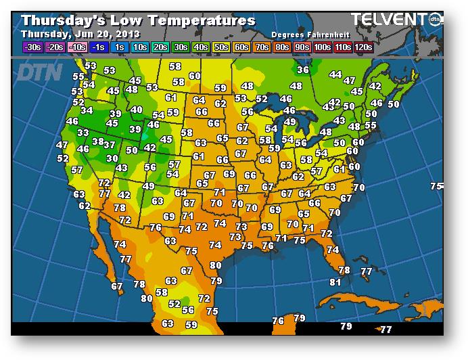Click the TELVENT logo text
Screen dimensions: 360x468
[389, 20]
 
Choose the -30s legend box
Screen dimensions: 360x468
[31, 47]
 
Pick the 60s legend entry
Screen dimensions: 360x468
[241, 47]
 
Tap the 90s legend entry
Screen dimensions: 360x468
[302, 47]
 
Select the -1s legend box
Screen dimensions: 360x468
[98, 47]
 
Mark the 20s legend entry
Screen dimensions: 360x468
[161, 47]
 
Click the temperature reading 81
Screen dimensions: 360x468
[335, 282]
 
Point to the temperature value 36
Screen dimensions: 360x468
[303, 70]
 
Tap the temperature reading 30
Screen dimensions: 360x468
[112, 158]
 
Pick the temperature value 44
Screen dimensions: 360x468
[335, 74]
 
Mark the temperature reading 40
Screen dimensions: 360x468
[137, 110]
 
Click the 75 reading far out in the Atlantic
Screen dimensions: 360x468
[436, 186]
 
